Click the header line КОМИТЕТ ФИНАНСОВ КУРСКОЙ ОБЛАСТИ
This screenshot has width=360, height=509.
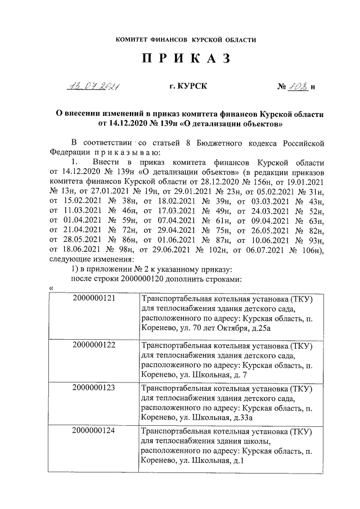[x=186, y=40]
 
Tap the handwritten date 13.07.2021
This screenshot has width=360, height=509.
[x=94, y=86]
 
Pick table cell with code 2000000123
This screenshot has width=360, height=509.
[x=93, y=388]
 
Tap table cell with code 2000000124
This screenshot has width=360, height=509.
[x=93, y=431]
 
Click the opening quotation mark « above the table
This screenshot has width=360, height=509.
[x=51, y=288]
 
